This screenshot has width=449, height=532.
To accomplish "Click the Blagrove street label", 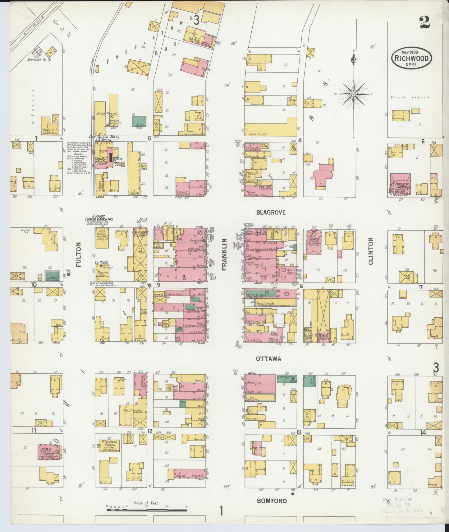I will click(271, 212).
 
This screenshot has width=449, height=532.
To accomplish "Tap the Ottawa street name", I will click(268, 359).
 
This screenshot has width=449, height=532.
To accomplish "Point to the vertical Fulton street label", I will click(78, 255).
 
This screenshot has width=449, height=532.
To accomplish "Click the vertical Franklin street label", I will click(225, 255).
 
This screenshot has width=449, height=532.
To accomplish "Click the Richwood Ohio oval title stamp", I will click(411, 58).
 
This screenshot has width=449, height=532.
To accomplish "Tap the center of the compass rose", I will click(354, 94).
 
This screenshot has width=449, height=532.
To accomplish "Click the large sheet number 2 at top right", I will click(424, 22).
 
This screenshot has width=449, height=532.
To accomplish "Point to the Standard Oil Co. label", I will click(39, 59).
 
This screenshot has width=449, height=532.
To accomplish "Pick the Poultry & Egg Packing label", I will click(48, 131).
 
